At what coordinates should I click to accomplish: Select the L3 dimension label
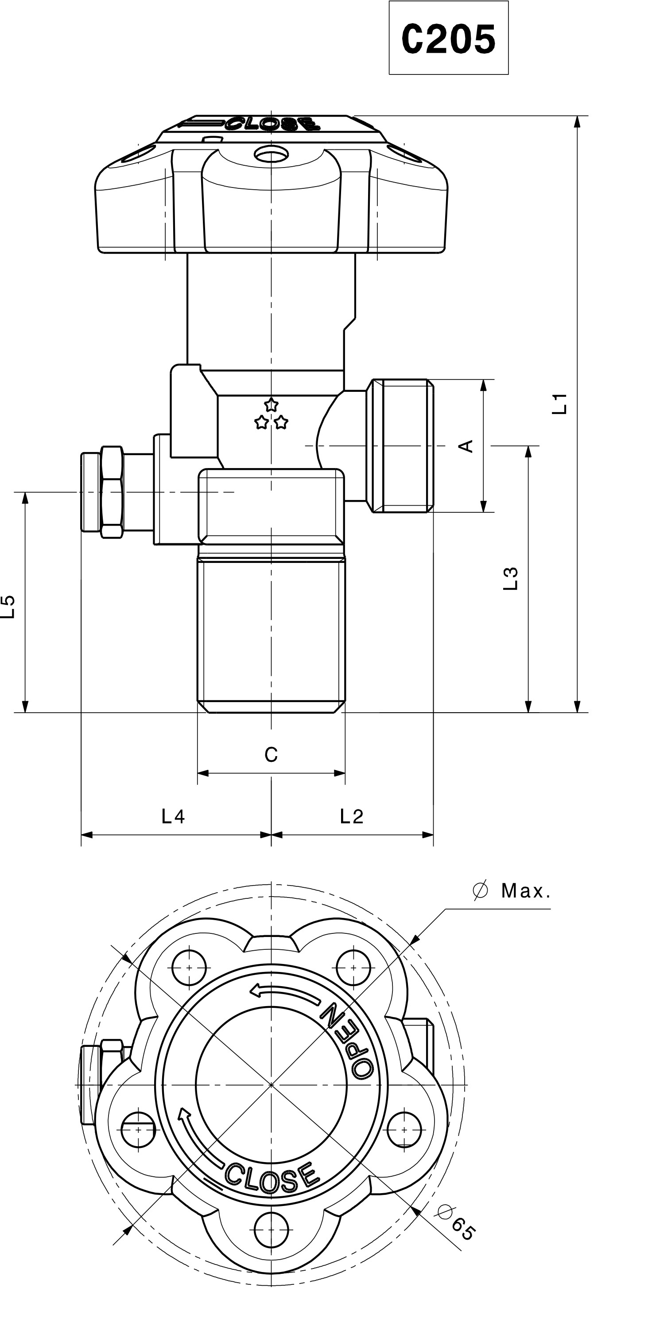pyautogui.click(x=511, y=578)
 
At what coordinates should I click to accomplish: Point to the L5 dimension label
pyautogui.click(x=8, y=607)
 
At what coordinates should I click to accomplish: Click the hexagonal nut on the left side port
pyautogui.click(x=112, y=492)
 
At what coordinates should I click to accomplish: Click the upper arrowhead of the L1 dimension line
pyautogui.click(x=577, y=121)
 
